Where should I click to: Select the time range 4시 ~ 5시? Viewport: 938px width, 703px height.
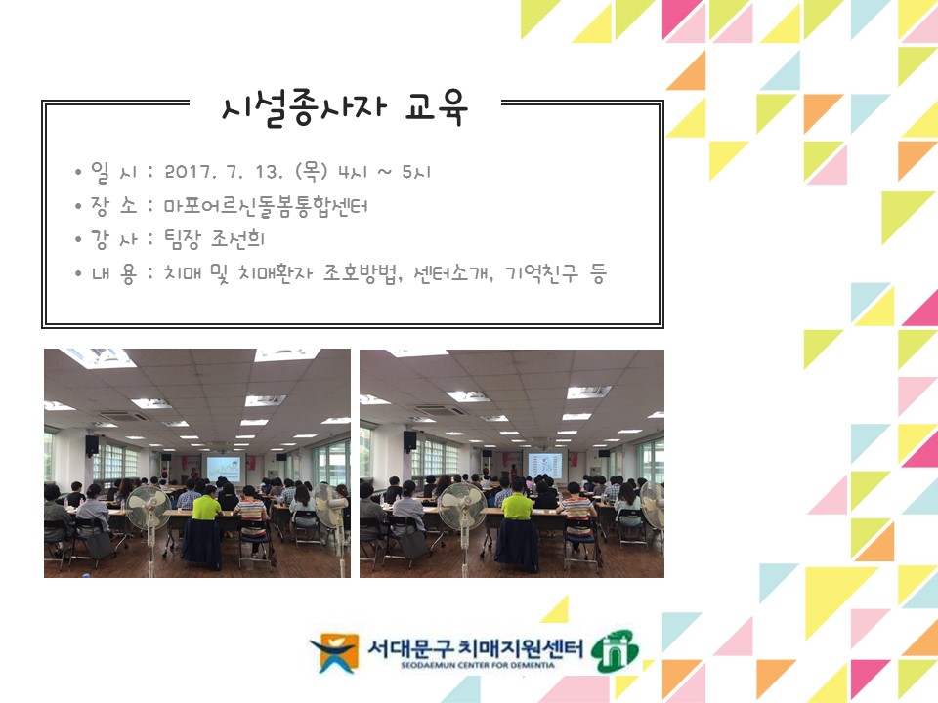382,173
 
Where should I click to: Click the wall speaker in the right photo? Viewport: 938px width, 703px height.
410,440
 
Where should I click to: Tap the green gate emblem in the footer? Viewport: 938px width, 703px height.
618,649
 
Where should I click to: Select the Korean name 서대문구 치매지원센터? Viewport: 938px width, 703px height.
474,645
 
